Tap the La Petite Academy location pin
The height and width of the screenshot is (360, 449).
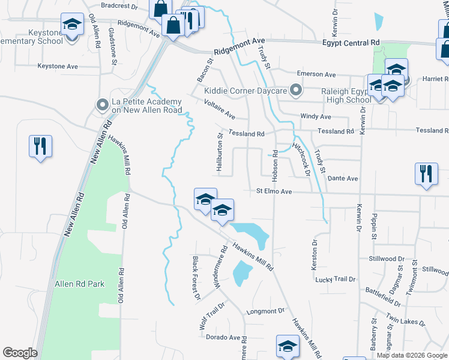click(102, 105)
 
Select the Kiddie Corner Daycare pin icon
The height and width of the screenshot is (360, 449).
click(295, 91)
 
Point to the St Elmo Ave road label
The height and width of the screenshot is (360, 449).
click(274, 191)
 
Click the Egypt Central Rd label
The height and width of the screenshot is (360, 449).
click(351, 43)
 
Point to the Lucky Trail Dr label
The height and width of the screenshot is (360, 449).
click(336, 280)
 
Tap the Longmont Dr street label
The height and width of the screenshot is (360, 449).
click(265, 311)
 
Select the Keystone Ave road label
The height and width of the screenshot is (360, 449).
click(58, 66)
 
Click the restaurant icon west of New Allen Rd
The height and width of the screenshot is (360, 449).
click(40, 146)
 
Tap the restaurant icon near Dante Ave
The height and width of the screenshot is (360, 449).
click(426, 173)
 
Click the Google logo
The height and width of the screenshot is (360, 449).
click(20, 353)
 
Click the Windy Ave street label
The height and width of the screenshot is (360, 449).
click(316, 116)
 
